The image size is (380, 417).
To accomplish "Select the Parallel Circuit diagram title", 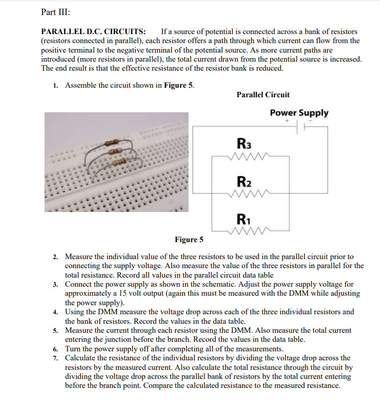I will tap(262, 95).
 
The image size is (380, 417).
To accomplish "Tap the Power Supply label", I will tap(299, 113).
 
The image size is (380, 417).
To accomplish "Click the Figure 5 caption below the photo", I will tap(188, 240).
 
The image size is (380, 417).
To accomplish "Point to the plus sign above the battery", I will tap(287, 121).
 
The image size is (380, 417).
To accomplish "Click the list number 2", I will tap(56, 257).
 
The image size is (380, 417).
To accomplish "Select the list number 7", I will tap(56, 358).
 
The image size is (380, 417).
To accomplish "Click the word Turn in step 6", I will tap(73, 349).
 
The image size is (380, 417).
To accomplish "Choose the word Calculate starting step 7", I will tap(81, 358).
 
